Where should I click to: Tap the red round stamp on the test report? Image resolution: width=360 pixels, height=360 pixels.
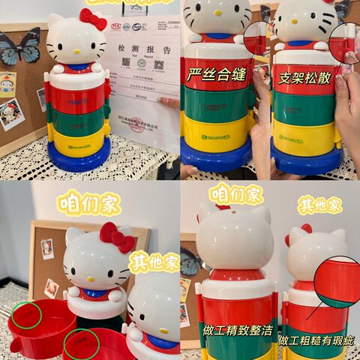138,124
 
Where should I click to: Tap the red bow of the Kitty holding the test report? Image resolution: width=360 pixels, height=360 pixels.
92,18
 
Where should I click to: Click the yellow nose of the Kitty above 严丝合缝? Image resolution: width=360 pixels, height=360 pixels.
217,23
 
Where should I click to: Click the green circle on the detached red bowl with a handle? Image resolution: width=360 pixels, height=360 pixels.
27,315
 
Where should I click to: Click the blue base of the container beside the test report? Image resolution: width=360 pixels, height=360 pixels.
79,158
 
